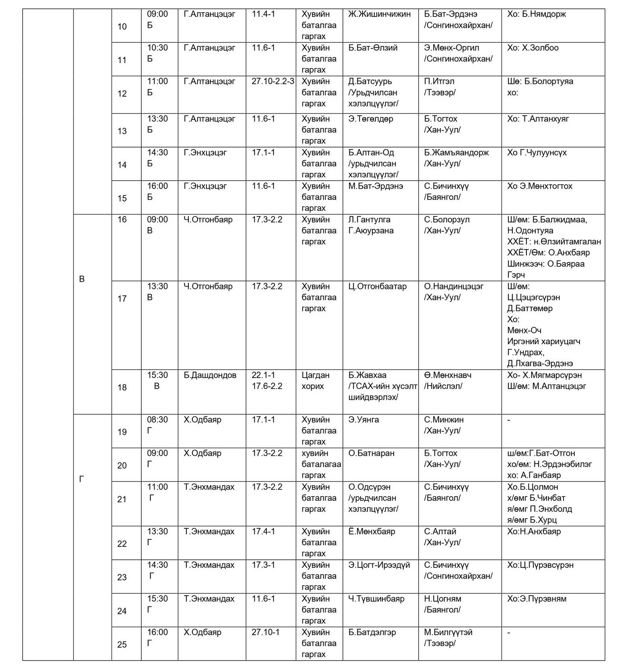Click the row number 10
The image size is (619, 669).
tap(122, 27)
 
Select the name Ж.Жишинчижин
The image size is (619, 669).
tap(379, 14)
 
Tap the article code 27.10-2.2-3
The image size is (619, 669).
tap(273, 81)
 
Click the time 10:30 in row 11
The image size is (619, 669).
tap(157, 48)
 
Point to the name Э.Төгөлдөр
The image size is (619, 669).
tap(371, 119)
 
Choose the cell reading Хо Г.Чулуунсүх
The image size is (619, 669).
tap(537, 153)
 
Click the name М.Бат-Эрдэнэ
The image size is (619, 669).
tap(376, 186)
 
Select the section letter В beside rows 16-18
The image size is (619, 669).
tap(82, 279)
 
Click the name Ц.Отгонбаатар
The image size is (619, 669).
tap(378, 287)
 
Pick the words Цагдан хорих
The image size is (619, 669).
tap(316, 381)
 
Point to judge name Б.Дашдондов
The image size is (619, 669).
tap(210, 375)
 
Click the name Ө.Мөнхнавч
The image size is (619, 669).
tap(448, 375)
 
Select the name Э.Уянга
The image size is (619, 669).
tap(363, 420)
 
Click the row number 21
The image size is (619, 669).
tap(122, 499)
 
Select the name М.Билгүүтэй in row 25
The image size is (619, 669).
tap(448, 632)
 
